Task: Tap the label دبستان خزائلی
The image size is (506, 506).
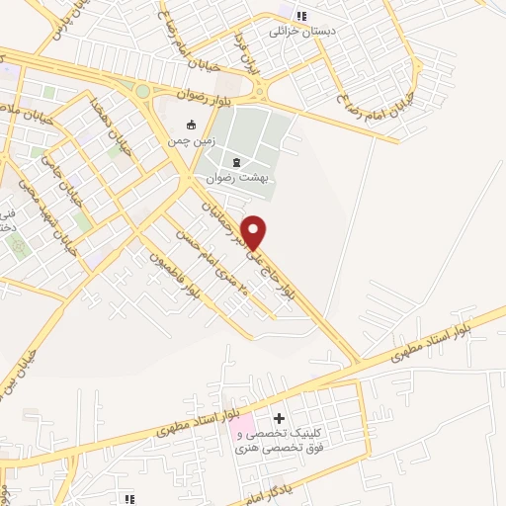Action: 303,31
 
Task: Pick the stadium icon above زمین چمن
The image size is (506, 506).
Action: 192,125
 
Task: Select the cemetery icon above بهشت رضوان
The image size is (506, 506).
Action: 235,162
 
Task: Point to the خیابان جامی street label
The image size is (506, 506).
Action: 65,174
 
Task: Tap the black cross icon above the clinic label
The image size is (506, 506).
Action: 279,419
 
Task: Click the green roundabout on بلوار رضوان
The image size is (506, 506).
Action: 142,92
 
